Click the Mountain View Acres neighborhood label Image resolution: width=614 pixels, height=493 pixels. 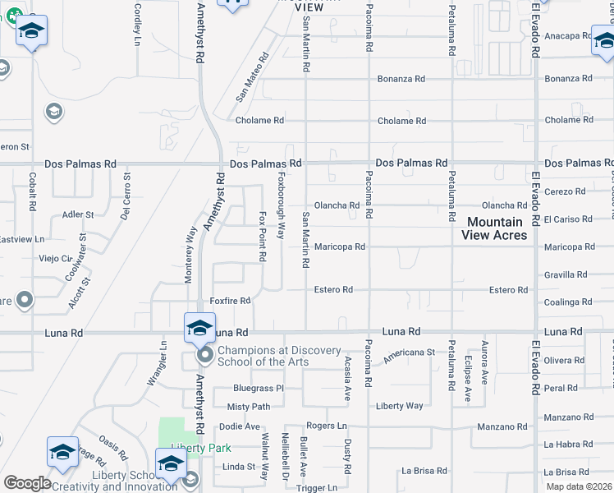click(x=495, y=228)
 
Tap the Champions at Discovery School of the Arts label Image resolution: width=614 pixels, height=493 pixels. click(x=279, y=356)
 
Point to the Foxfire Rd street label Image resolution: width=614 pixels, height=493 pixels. click(x=230, y=301)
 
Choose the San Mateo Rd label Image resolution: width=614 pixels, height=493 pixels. click(x=252, y=77)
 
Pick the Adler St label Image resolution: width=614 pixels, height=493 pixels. click(x=78, y=214)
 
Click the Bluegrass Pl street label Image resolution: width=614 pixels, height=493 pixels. click(x=258, y=388)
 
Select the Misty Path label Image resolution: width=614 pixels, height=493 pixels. click(x=249, y=407)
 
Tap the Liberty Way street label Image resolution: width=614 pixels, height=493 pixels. click(x=400, y=406)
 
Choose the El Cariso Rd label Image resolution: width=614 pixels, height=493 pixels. click(x=567, y=219)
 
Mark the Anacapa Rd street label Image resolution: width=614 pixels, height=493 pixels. click(x=567, y=35)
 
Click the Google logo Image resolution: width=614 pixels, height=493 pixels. click(x=27, y=483)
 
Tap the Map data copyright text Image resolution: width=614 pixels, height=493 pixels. click(x=578, y=486)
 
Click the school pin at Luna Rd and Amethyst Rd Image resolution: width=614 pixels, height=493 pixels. click(x=199, y=328)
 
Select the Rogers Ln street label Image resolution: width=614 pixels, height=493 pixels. click(x=327, y=426)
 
